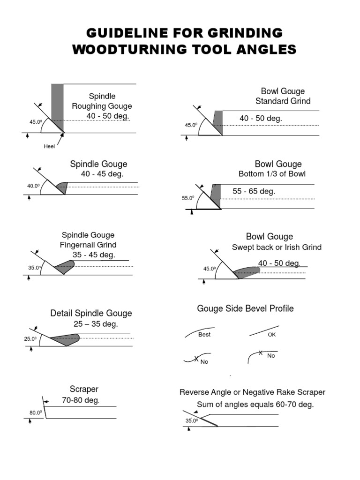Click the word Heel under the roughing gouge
(x=49, y=146)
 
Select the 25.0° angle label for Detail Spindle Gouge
(x=30, y=339)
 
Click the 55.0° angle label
(x=188, y=198)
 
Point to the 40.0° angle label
(x=33, y=186)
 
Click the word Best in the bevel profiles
(x=204, y=335)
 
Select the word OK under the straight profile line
(x=272, y=335)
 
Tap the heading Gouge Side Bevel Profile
(x=245, y=308)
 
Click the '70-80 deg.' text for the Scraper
(x=81, y=400)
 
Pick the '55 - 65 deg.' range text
(x=254, y=191)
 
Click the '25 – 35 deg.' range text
(x=96, y=324)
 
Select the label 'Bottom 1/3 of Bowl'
(x=272, y=174)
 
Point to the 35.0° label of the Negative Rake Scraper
(x=191, y=420)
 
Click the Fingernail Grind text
(x=88, y=245)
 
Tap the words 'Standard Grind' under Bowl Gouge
(x=283, y=101)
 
